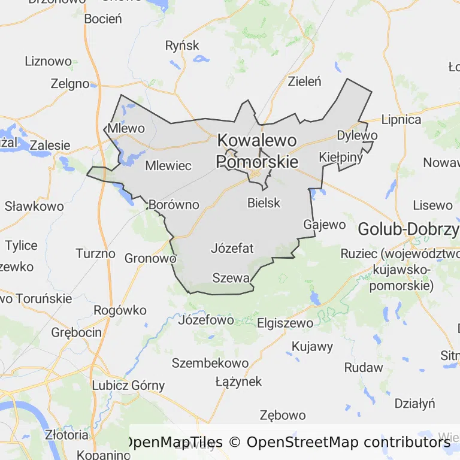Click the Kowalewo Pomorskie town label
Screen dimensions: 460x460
point(257,151)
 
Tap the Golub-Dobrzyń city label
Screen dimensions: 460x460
point(408,229)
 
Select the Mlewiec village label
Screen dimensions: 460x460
point(168,165)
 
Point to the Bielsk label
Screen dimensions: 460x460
point(264,202)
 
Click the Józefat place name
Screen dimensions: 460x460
point(232,248)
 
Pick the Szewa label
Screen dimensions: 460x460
point(231,278)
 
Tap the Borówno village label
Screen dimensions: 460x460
point(174,205)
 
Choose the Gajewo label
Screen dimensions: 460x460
point(325,225)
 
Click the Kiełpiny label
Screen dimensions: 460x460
point(341,157)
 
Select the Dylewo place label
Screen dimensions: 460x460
point(357,135)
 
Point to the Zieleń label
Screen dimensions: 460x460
point(305,81)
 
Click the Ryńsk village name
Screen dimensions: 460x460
point(182,46)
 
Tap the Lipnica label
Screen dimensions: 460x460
point(401,119)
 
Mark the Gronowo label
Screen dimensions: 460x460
point(150,258)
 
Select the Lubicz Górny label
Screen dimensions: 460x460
point(128,385)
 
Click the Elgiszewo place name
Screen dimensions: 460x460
point(285,323)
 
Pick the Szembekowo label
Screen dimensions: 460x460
point(210,363)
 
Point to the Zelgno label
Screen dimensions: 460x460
point(70,84)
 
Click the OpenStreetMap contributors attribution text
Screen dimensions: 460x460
point(348,443)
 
